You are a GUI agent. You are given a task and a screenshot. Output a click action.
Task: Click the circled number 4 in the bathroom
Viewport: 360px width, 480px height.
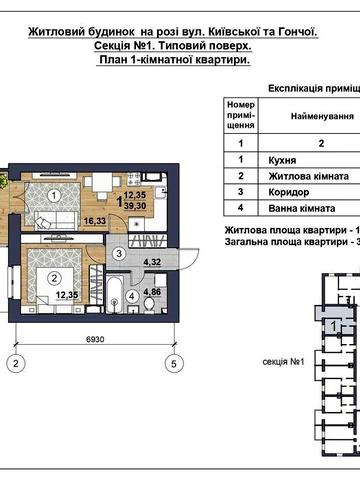coord(133,309)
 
